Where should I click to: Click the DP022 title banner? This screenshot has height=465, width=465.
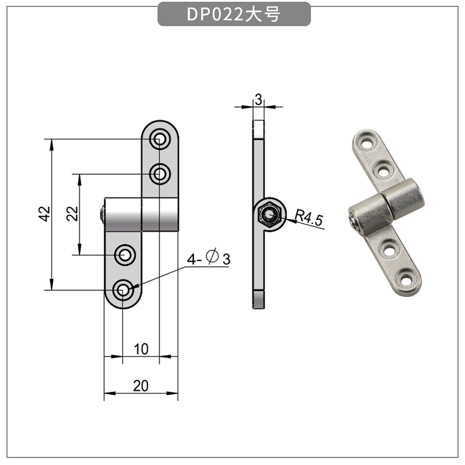pyautogui.click(x=234, y=15)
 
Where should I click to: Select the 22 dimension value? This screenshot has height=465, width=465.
pyautogui.click(x=72, y=214)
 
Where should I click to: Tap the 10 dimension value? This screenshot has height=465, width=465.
pyautogui.click(x=141, y=349)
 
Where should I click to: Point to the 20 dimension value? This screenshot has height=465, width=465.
pyautogui.click(x=141, y=385)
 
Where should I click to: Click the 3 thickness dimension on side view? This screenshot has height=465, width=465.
pyautogui.click(x=257, y=99)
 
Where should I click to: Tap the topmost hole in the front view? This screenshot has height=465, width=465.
pyautogui.click(x=159, y=139)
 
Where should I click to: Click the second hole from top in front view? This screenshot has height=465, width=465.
pyautogui.click(x=159, y=173)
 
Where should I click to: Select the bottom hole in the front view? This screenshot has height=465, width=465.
pyautogui.click(x=123, y=290)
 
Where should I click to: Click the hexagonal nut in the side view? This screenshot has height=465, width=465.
pyautogui.click(x=269, y=215)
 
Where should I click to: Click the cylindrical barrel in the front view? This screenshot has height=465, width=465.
pyautogui.click(x=142, y=214)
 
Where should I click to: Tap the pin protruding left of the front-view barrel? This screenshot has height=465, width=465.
pyautogui.click(x=102, y=214)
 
